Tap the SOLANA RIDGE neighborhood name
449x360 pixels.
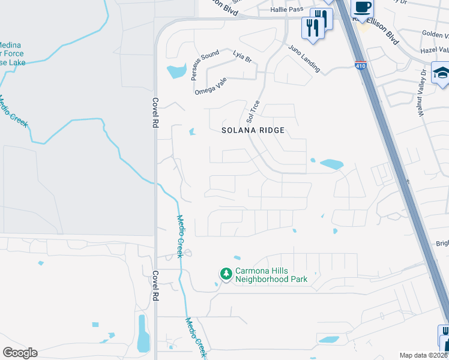[x=252, y=130]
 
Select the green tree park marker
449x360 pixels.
[x=226, y=274]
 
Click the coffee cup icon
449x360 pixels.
[x=362, y=7]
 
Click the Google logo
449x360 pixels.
[x=19, y=353]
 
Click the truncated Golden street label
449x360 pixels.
[x=435, y=35]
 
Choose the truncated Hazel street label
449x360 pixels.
[x=435, y=50]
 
